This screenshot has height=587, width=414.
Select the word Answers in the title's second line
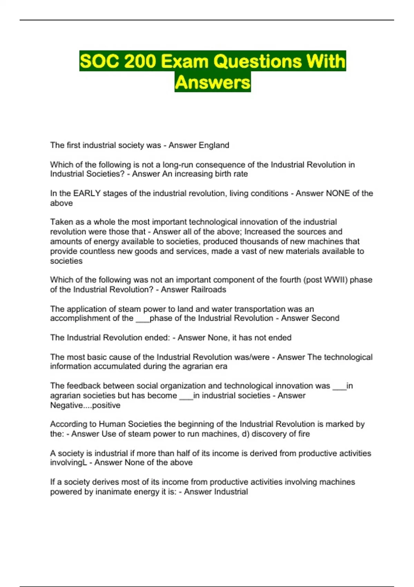pyautogui.click(x=213, y=83)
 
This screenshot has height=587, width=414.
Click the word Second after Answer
pyautogui.click(x=325, y=318)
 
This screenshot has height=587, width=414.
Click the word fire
pyautogui.click(x=304, y=434)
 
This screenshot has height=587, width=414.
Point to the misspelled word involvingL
pyautogui.click(x=68, y=463)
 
